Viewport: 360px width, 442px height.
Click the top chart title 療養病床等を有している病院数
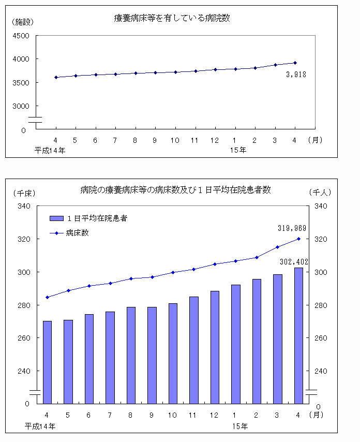point(172,18)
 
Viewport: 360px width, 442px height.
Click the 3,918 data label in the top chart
point(296,75)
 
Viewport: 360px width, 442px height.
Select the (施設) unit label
point(22,22)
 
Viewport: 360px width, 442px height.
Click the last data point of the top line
point(295,63)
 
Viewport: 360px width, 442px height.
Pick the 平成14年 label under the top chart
point(50,150)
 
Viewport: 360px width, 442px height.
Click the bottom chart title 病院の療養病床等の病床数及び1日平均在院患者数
point(175,190)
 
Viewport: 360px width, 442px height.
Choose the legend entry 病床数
point(78,233)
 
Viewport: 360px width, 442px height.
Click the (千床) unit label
point(23,193)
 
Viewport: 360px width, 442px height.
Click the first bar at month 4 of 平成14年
point(47,362)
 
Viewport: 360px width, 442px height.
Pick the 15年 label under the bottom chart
point(239,426)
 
